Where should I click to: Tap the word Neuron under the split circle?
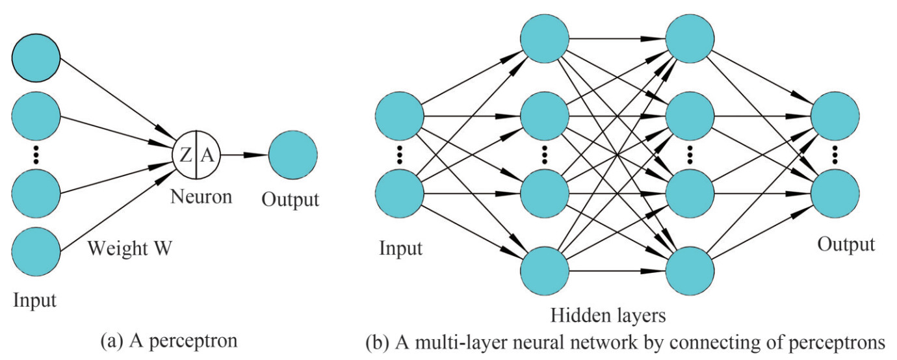(x=201, y=196)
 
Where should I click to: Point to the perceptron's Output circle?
(x=292, y=155)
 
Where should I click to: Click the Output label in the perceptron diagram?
(x=291, y=199)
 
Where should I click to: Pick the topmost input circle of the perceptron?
(x=36, y=58)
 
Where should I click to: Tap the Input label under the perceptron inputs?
(x=34, y=301)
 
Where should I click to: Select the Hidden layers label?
(x=608, y=316)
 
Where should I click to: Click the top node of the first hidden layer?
(x=545, y=38)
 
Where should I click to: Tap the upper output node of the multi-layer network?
(x=835, y=117)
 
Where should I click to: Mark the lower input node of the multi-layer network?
(x=400, y=194)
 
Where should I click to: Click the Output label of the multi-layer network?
(x=846, y=244)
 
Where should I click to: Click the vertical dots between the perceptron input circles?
(x=36, y=155)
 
